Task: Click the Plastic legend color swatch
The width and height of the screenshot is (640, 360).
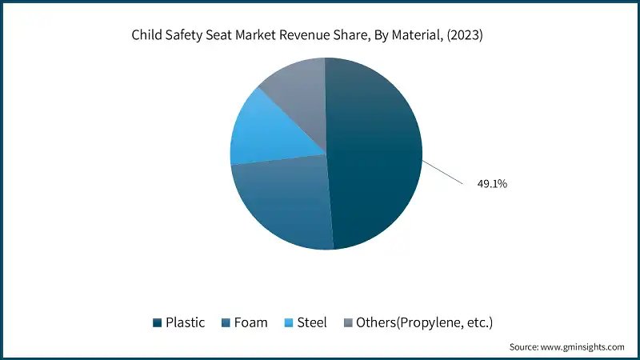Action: pyautogui.click(x=158, y=323)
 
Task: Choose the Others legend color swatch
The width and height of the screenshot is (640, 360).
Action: pyautogui.click(x=348, y=323)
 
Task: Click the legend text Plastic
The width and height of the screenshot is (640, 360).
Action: pyautogui.click(x=185, y=323)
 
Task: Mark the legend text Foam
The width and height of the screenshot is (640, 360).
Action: pyautogui.click(x=251, y=323)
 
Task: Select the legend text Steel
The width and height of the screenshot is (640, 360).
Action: pyautogui.click(x=312, y=323)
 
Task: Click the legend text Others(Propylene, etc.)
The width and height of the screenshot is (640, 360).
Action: pyautogui.click(x=424, y=323)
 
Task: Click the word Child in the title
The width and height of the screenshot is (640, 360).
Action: pyautogui.click(x=148, y=35)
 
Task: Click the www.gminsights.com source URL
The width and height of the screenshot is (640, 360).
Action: pyautogui.click(x=585, y=347)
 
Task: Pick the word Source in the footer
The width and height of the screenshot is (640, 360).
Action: pyautogui.click(x=526, y=347)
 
